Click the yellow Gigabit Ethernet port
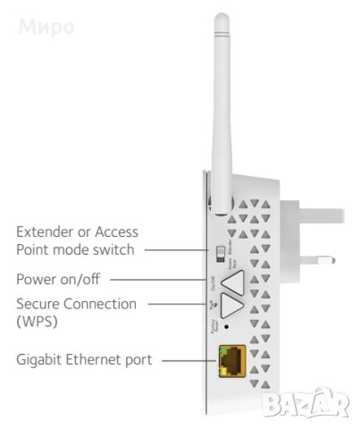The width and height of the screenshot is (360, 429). [x=233, y=360]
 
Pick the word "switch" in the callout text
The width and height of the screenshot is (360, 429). [x=116, y=250]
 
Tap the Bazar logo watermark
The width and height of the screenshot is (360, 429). [x=309, y=406]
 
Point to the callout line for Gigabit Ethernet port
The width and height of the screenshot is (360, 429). [x=188, y=360]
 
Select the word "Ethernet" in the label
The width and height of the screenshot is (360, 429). [x=96, y=359]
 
